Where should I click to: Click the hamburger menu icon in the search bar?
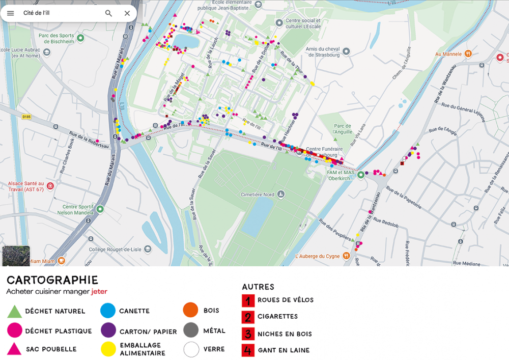(10, 13)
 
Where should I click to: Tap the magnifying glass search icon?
(108, 13)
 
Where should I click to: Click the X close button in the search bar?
(127, 13)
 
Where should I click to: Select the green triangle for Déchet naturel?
(15, 311)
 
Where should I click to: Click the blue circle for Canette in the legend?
(108, 311)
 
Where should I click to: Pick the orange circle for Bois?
(190, 310)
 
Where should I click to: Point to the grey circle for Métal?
(191, 330)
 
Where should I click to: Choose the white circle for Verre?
(191, 350)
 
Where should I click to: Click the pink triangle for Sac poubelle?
(15, 349)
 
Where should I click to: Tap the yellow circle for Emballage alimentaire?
(108, 349)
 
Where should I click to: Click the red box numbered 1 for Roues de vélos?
(248, 300)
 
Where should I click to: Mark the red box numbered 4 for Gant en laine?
(248, 350)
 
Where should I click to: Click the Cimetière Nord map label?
(258, 195)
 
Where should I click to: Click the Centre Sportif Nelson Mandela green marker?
(100, 209)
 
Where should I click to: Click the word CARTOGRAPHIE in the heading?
(52, 281)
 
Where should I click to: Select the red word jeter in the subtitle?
(99, 292)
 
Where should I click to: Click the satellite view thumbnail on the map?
(16, 256)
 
